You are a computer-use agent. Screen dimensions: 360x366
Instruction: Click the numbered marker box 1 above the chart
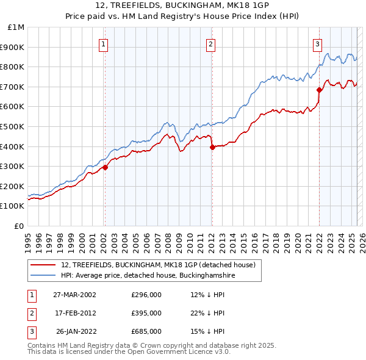click(104, 44)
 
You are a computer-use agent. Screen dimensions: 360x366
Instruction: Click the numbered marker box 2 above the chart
click(210, 44)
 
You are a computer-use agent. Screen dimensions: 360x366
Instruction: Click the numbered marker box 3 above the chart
click(318, 44)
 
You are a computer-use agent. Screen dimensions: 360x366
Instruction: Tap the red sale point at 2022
click(319, 90)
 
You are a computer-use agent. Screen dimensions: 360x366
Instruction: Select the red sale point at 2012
click(212, 147)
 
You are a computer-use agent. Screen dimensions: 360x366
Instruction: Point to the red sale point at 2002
click(105, 167)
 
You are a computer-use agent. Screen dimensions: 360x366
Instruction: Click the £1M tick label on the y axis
click(16, 27)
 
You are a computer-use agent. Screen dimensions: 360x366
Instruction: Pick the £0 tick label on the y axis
click(19, 226)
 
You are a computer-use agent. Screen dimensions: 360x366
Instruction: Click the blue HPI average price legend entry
click(148, 276)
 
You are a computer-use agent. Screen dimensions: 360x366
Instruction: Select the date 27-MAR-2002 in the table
click(74, 294)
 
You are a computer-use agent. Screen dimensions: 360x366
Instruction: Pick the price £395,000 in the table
click(146, 313)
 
